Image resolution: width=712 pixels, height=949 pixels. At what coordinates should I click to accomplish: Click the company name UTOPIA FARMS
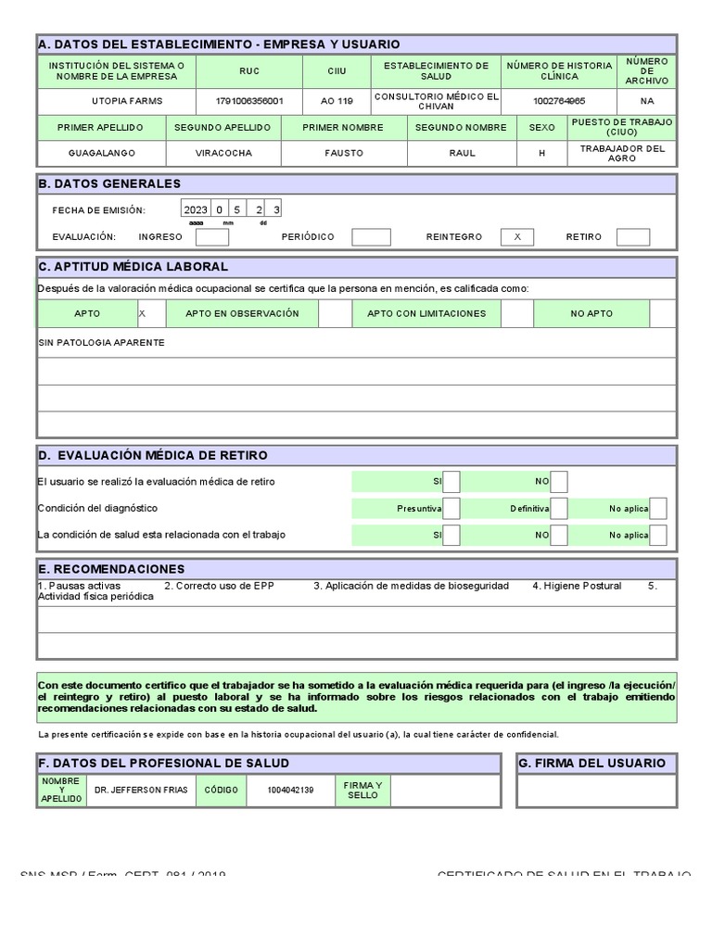[x=116, y=102]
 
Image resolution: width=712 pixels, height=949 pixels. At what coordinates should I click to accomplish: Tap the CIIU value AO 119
[x=337, y=102]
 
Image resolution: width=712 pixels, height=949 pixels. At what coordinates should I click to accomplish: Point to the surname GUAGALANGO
[x=101, y=153]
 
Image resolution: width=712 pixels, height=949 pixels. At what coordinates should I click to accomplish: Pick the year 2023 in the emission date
[x=196, y=210]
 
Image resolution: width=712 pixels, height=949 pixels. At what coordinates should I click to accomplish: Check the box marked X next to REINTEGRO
[x=517, y=237]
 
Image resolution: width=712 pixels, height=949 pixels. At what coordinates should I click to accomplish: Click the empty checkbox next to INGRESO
[x=213, y=237]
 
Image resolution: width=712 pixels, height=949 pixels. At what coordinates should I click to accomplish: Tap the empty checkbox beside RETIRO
[x=632, y=237]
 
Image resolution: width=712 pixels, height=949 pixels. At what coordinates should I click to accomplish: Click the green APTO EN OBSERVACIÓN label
[x=242, y=314]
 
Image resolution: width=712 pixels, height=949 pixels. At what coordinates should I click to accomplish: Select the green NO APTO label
[x=591, y=314]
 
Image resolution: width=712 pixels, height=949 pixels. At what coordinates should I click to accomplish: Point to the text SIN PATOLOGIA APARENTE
[x=102, y=343]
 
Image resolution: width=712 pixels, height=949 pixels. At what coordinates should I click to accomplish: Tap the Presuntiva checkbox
[x=451, y=509]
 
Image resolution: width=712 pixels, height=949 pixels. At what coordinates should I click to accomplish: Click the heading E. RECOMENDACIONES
[x=111, y=569]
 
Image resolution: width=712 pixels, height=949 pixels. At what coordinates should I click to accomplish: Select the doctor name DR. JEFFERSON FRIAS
[x=141, y=791]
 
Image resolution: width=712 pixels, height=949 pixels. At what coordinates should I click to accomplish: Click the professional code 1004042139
[x=290, y=791]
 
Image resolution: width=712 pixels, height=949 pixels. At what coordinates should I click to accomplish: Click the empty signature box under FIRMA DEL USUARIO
[x=597, y=791]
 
